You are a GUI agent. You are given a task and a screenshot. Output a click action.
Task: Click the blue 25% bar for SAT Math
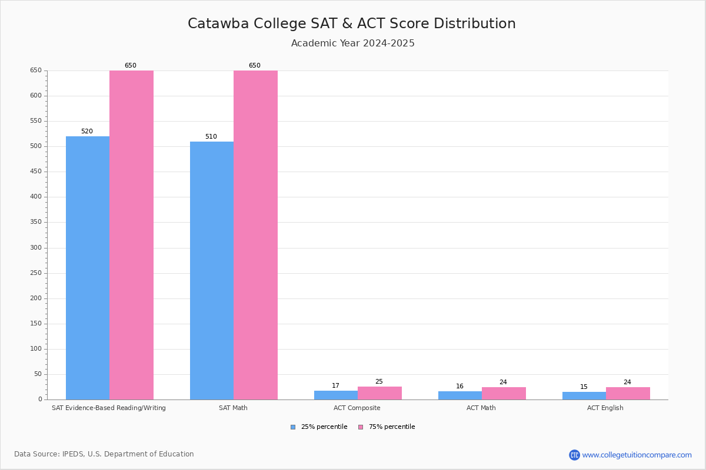coord(212,270)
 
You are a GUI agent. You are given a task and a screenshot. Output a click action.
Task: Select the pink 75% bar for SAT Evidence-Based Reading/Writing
coord(131,235)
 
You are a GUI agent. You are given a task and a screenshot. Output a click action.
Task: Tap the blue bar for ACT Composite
coord(336,395)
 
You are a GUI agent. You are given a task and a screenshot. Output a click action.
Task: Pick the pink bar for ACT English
coord(628,393)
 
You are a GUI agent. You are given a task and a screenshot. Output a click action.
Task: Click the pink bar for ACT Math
coord(504,393)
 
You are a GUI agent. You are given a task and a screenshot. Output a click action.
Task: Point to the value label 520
coord(87,132)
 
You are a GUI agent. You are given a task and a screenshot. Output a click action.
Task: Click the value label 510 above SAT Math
coord(211,137)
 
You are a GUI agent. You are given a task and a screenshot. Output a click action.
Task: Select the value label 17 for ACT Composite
coord(335,386)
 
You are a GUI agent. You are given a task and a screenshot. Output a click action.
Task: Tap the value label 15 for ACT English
coord(584,387)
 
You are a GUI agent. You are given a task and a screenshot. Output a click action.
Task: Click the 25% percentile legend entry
coord(319,427)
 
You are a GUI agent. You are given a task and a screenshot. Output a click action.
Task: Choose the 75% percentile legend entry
coord(387,427)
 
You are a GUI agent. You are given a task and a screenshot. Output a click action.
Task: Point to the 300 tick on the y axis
coord(36,248)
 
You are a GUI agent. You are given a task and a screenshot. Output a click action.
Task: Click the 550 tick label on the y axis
coord(36,121)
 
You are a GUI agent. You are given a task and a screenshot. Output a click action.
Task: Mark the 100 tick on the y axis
coord(36,349)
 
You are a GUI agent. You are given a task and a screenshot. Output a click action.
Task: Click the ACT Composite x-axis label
coord(357,408)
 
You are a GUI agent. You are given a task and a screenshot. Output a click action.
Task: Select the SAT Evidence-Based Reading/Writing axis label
coord(109,408)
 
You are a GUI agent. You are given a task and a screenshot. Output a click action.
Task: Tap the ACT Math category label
coord(481,408)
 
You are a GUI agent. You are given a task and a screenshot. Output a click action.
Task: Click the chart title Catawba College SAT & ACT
coord(352,23)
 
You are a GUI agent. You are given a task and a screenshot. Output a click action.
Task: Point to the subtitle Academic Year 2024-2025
coord(353,43)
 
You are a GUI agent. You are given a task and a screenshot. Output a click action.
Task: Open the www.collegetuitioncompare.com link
coord(637,455)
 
